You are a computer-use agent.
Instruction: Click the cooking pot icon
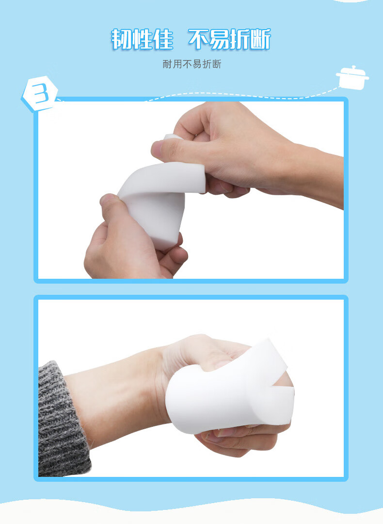click(352, 78)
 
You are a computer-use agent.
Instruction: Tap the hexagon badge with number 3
click(39, 94)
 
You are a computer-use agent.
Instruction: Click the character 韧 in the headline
click(121, 39)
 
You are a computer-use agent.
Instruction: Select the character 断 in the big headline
click(260, 39)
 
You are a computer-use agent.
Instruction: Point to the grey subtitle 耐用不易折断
click(192, 64)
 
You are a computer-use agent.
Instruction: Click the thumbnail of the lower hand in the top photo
click(109, 200)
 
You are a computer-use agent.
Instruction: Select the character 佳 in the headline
click(163, 39)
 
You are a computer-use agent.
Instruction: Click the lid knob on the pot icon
click(353, 68)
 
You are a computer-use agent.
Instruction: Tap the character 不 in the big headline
click(199, 39)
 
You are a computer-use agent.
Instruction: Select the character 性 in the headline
click(142, 39)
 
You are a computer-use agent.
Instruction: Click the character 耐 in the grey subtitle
click(167, 64)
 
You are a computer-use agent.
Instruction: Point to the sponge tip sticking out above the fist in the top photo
click(172, 136)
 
